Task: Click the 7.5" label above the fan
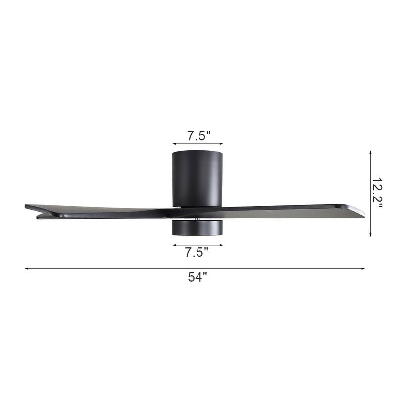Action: tap(198, 135)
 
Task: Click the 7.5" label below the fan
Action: tap(197, 253)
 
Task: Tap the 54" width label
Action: tap(197, 278)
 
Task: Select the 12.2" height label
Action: tap(378, 193)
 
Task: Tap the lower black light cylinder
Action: tap(197, 227)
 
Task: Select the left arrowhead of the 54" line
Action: tap(26, 269)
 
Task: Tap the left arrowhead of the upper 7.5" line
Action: tap(174, 145)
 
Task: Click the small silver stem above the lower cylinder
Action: tap(198, 218)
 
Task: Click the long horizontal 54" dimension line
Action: tap(124, 269)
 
